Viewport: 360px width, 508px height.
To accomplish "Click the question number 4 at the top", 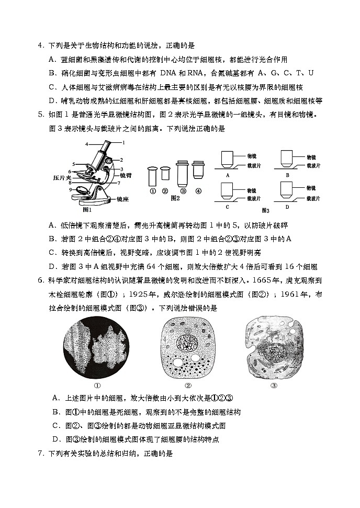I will [x=40, y=46].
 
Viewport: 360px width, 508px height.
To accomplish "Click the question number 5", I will [x=40, y=114].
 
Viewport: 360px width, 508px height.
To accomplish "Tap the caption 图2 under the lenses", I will [x=176, y=198].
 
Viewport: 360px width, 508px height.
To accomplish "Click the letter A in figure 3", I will [x=228, y=175].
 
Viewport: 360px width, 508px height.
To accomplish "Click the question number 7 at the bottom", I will [x=40, y=453].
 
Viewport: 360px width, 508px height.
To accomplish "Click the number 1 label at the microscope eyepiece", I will [x=123, y=142].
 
